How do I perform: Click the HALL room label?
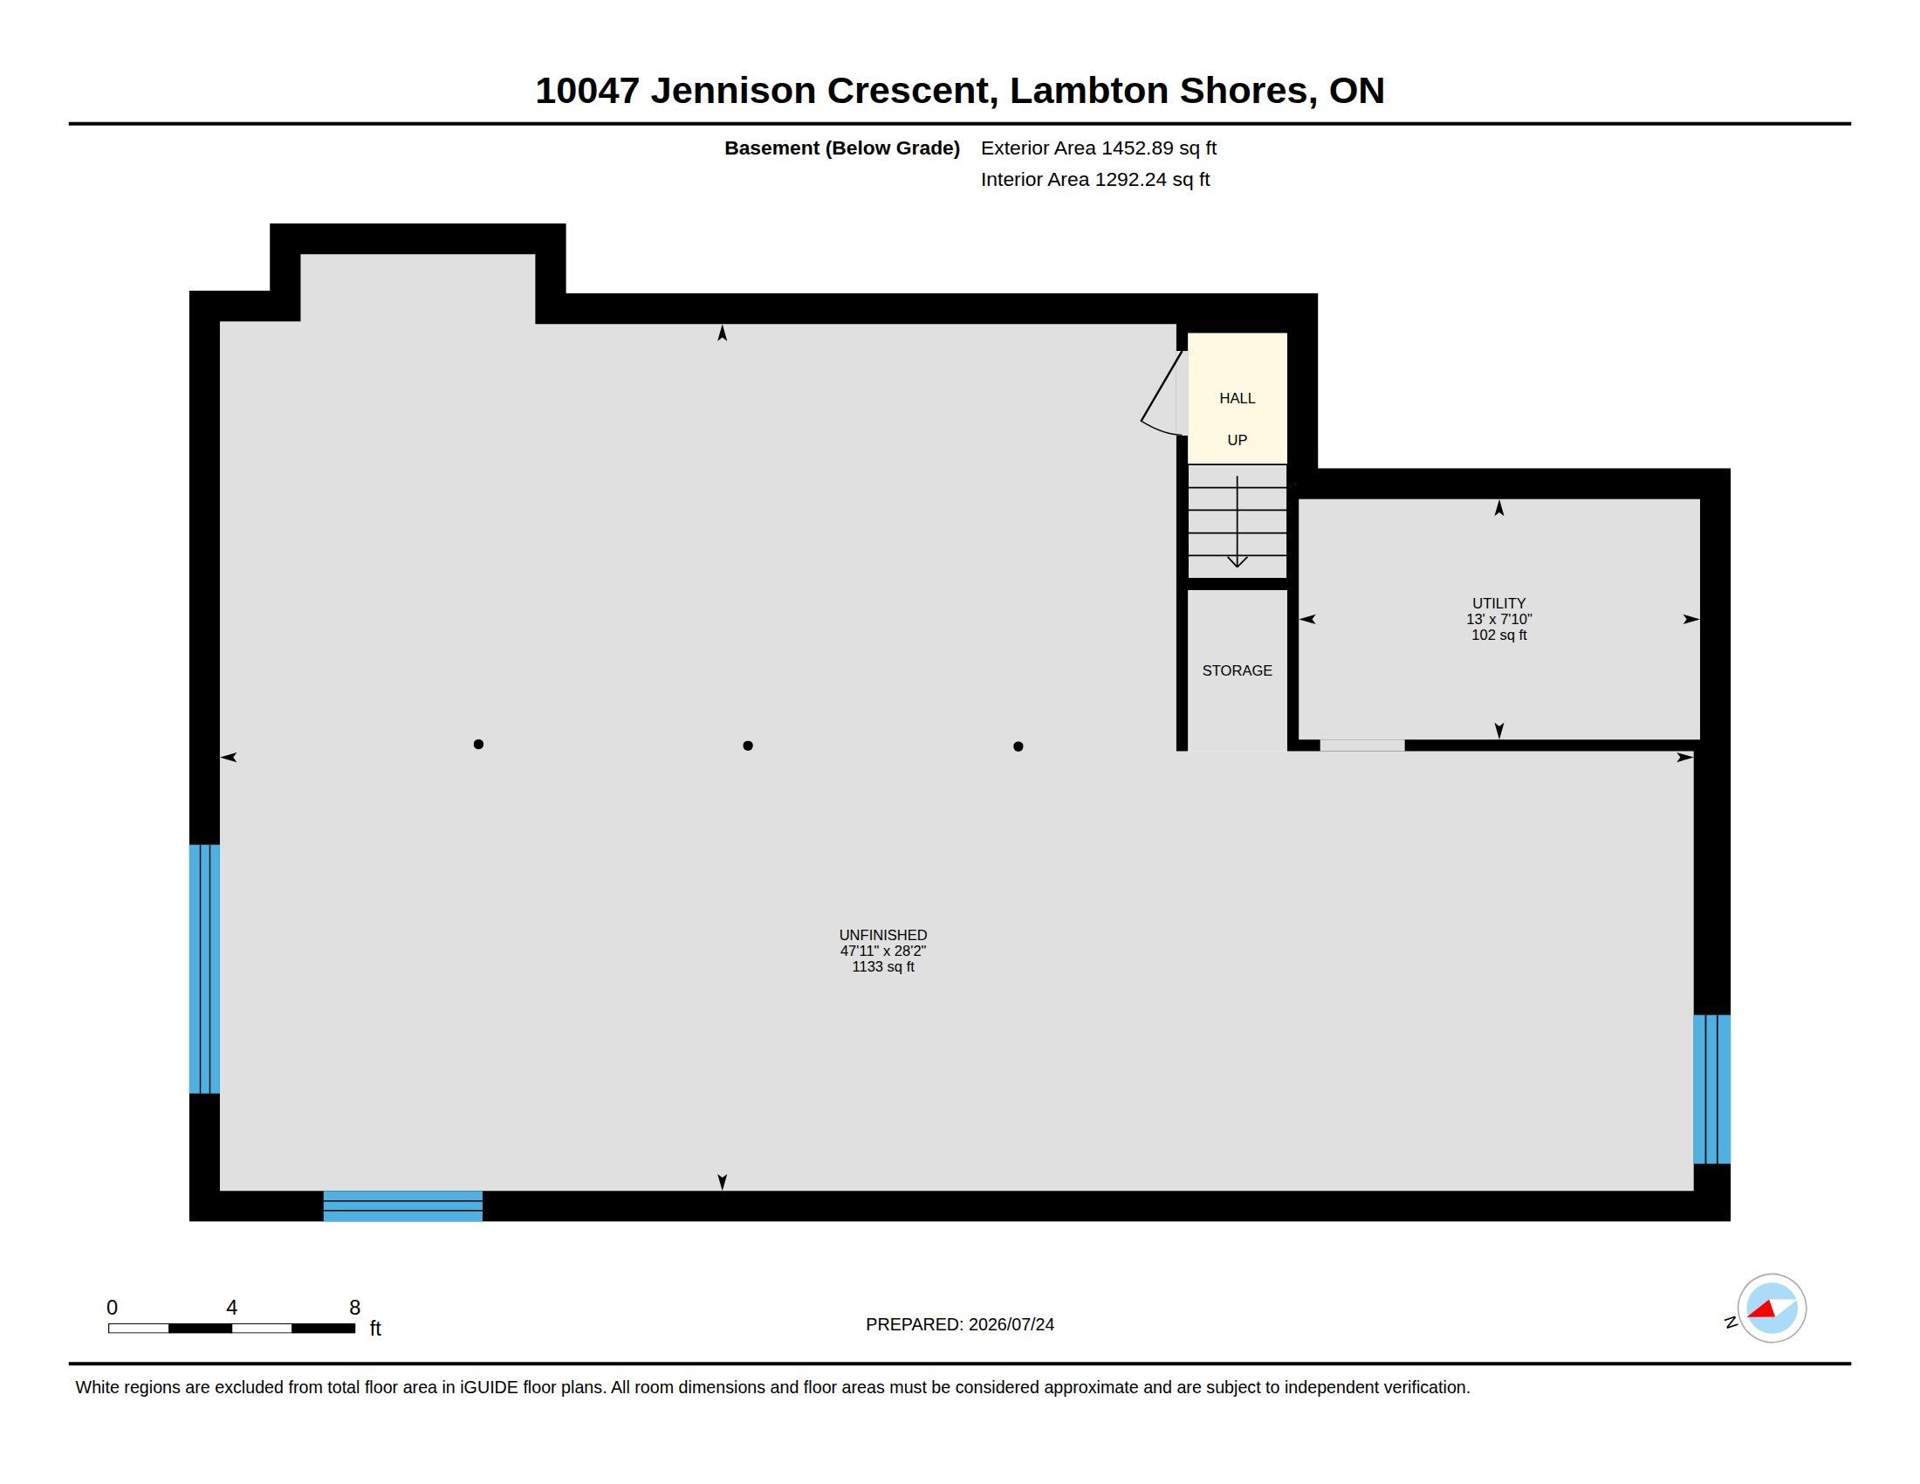tap(1237, 398)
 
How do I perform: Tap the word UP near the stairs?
tap(1237, 440)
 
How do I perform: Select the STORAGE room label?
tap(1237, 670)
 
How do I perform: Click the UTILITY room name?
tap(1498, 603)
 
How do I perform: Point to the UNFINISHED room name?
tap(882, 935)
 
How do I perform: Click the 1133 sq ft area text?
tap(882, 966)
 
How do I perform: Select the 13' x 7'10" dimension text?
tap(1498, 619)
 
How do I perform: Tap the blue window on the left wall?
tap(205, 969)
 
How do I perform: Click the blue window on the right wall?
tap(1711, 1089)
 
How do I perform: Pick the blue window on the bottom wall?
tap(402, 1206)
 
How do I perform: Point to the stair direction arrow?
tap(1237, 521)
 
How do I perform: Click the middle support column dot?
tap(747, 745)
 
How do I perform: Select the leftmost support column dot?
tap(478, 744)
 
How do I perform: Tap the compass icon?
tap(1772, 1309)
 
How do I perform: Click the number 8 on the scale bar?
tap(354, 1308)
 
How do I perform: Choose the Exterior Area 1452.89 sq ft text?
tap(1098, 148)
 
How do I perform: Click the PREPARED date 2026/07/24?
tap(1011, 1324)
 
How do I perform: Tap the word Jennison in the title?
tap(733, 91)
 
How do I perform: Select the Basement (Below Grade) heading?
tap(841, 148)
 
